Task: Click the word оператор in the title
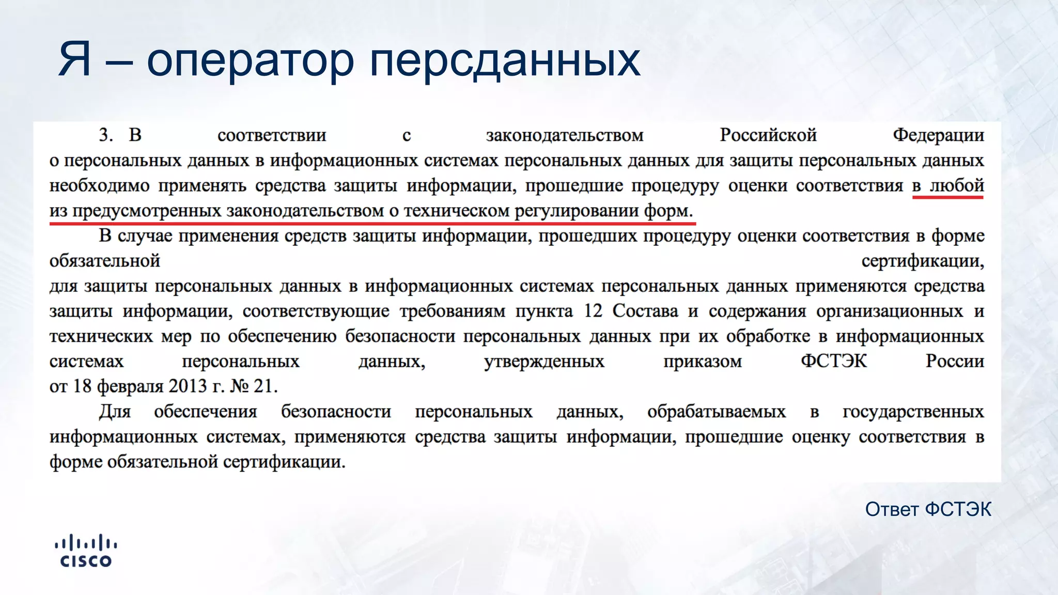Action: pyautogui.click(x=250, y=62)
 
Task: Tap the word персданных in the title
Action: pyautogui.click(x=505, y=62)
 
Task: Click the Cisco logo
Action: pyautogui.click(x=86, y=551)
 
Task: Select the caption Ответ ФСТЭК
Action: pyautogui.click(x=928, y=509)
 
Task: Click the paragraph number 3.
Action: pyautogui.click(x=105, y=135)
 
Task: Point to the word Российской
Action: pyautogui.click(x=768, y=135)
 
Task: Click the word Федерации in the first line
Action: pyautogui.click(x=938, y=135)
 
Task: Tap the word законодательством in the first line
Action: pyautogui.click(x=565, y=135)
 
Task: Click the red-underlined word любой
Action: pyautogui.click(x=957, y=185)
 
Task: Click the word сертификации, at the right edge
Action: pyautogui.click(x=923, y=261)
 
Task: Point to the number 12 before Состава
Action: pyautogui.click(x=593, y=311)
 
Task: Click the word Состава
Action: pyautogui.click(x=645, y=311)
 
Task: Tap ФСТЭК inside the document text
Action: pyautogui.click(x=833, y=361)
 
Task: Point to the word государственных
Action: pyautogui.click(x=913, y=412)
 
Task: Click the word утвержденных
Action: pyautogui.click(x=544, y=361)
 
